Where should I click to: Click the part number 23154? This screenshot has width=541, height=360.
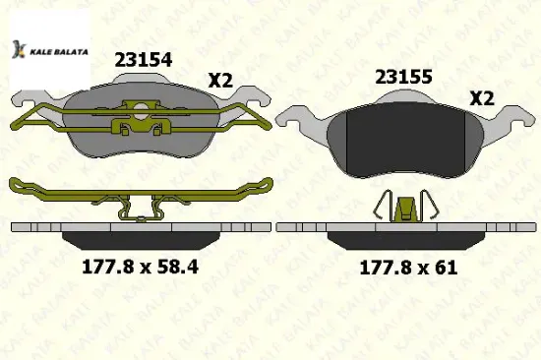[x=144, y=60]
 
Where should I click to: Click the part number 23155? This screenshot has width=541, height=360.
[x=403, y=77]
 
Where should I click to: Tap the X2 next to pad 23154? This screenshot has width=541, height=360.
[x=220, y=81]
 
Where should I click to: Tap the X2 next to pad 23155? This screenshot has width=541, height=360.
[x=482, y=98]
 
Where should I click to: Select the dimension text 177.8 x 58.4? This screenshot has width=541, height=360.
[x=140, y=267]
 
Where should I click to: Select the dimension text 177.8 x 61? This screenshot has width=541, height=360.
[x=408, y=268]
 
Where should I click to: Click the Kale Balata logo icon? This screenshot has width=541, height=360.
[x=19, y=49]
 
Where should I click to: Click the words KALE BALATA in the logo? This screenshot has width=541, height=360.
[x=59, y=52]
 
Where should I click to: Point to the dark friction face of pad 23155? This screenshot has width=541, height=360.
[x=404, y=141]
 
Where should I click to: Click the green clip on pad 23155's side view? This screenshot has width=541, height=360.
[x=406, y=210]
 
